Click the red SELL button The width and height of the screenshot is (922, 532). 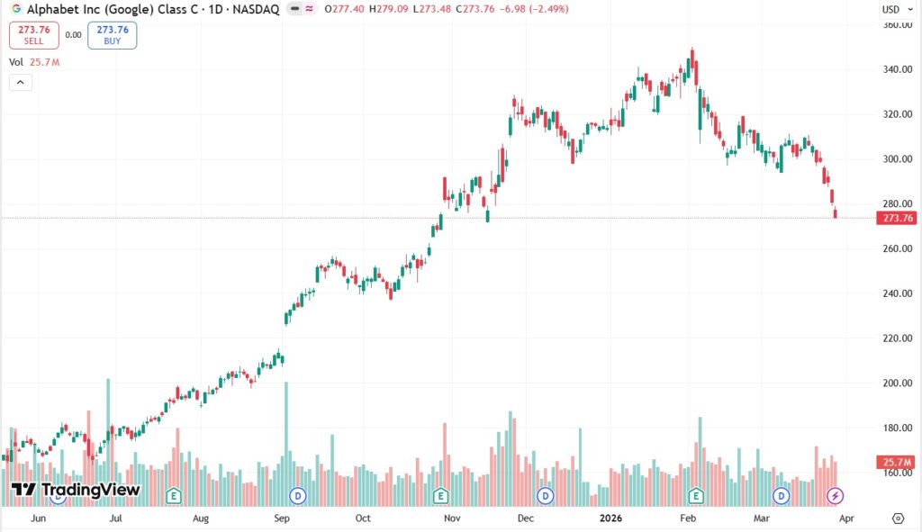(34, 35)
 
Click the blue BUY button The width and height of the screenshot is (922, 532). (113, 35)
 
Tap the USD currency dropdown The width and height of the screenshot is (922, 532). (890, 9)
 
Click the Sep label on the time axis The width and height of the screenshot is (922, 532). (282, 518)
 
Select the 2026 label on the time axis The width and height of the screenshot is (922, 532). (610, 518)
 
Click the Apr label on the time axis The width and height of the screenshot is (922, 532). (846, 518)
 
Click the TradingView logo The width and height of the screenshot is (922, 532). (76, 490)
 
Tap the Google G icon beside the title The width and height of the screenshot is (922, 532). (16, 8)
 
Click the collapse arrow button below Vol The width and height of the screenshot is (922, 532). (20, 83)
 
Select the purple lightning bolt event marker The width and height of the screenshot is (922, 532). (835, 495)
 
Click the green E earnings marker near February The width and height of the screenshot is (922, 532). (696, 495)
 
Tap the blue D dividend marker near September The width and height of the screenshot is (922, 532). (298, 495)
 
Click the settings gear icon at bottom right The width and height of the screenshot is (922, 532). (897, 518)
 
